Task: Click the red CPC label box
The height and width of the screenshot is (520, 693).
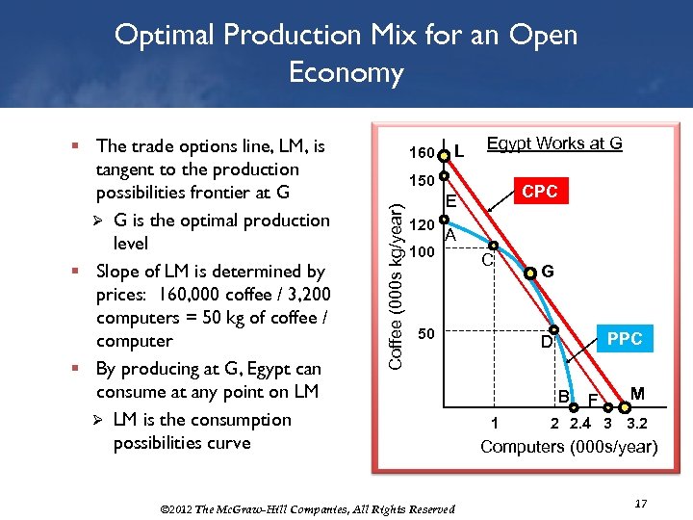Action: pyautogui.click(x=539, y=192)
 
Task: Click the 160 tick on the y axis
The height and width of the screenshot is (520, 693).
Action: pyautogui.click(x=422, y=153)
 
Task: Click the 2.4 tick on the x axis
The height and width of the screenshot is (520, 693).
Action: pyautogui.click(x=580, y=423)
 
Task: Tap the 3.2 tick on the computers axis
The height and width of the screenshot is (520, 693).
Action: pyautogui.click(x=636, y=423)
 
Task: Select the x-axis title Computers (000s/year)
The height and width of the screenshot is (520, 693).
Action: pyautogui.click(x=568, y=447)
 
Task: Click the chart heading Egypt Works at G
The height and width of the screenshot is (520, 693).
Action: pyautogui.click(x=554, y=143)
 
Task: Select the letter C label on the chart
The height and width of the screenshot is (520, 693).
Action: pyautogui.click(x=487, y=260)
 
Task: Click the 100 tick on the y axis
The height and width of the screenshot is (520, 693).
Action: pyautogui.click(x=422, y=252)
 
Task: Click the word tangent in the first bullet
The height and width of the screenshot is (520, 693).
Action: pyautogui.click(x=125, y=169)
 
